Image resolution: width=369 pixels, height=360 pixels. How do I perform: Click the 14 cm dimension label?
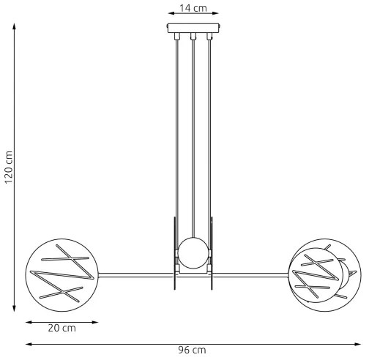[x=193, y=9]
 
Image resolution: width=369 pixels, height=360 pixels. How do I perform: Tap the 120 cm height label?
[x=10, y=168]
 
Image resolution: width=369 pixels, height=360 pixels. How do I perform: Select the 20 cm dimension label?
[x=61, y=328]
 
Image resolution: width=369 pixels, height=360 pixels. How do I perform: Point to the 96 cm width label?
[x=193, y=351]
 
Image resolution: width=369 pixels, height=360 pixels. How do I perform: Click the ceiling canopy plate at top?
[x=193, y=30]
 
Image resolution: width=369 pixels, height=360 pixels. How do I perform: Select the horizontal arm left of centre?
[x=135, y=275]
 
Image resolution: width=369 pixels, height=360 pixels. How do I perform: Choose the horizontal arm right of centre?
[x=249, y=275]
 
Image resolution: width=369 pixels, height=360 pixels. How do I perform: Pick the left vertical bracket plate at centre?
[x=174, y=252]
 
